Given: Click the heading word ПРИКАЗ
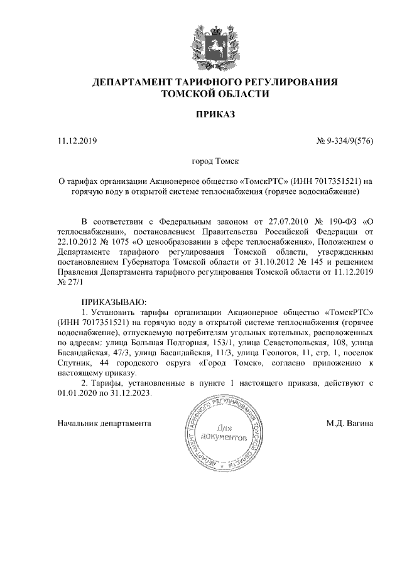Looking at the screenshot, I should point(215,115).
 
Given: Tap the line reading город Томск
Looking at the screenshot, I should point(215,161).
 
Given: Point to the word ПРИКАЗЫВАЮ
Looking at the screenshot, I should point(114,302).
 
